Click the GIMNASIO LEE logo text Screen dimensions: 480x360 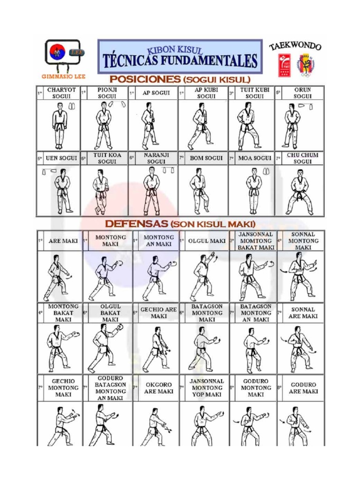60,76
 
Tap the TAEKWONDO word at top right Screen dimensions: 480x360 295,46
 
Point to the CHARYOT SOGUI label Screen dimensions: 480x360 59,92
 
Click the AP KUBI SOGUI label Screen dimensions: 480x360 206,92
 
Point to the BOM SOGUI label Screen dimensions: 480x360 206,158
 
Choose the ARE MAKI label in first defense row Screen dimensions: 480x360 63,241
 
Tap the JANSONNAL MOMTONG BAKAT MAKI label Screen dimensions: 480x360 256,240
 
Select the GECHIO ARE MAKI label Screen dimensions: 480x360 158,313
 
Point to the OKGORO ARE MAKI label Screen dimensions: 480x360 158,388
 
